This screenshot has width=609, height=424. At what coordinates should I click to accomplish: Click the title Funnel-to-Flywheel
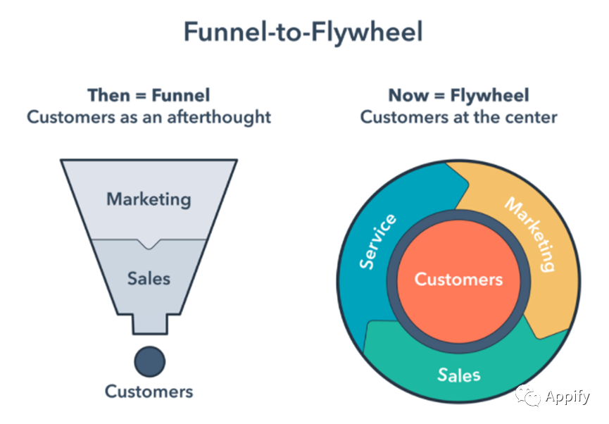tap(303, 32)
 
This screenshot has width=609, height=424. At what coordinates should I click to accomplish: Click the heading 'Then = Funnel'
tap(149, 95)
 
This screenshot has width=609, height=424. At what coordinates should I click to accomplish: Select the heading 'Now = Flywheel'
tap(459, 95)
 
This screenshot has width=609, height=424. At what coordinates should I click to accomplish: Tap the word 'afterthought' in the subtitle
tap(219, 118)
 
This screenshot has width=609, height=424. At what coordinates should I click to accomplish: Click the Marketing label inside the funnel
tap(149, 199)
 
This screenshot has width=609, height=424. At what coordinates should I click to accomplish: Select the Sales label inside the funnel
tap(149, 279)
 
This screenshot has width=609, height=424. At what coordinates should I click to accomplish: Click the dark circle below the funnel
tap(150, 361)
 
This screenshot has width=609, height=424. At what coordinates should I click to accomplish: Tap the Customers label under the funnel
tap(149, 392)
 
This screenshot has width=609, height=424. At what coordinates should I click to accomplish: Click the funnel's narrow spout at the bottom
tap(150, 324)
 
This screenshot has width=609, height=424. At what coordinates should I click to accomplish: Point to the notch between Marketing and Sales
tap(149, 244)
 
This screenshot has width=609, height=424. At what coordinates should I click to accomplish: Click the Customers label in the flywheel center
tap(459, 280)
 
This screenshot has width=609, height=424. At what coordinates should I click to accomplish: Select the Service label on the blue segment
tap(377, 242)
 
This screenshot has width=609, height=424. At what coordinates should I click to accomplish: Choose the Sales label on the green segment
tap(459, 375)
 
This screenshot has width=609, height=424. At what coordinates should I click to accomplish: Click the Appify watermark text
tap(567, 397)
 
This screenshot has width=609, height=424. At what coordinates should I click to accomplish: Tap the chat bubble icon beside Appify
tap(528, 396)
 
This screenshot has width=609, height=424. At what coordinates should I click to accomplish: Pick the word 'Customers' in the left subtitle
tap(70, 118)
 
